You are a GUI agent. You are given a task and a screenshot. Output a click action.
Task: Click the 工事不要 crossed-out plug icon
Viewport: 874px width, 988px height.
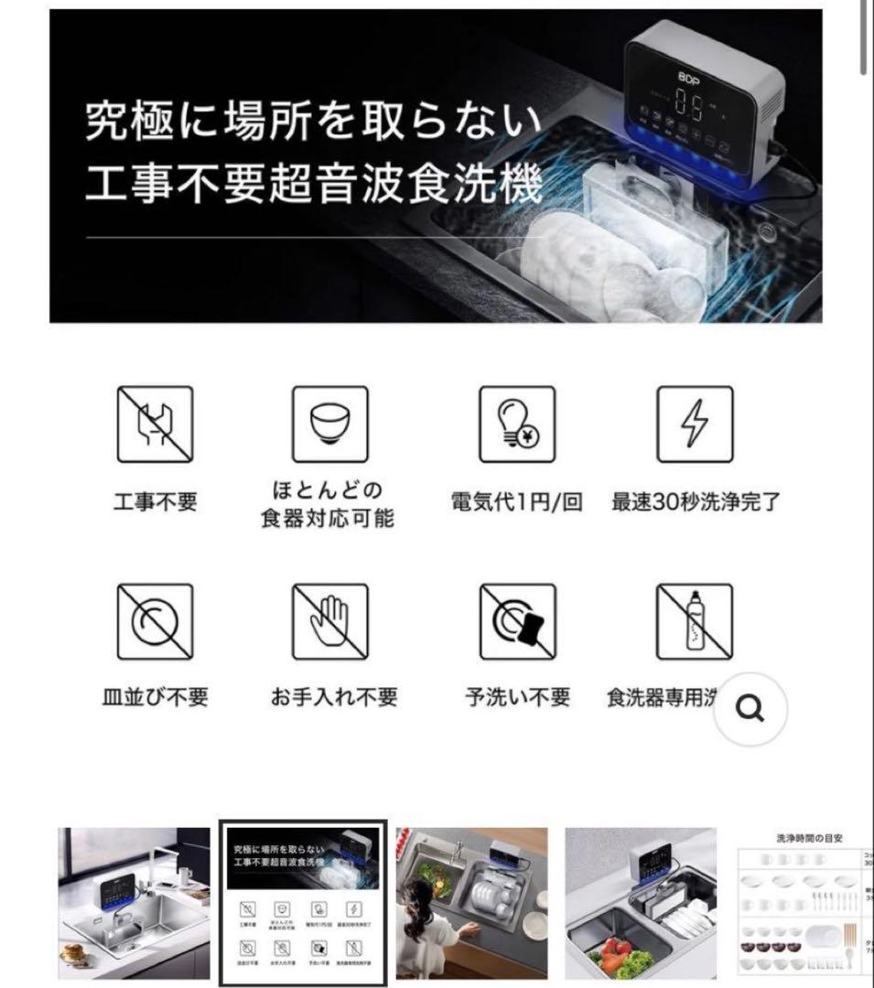(155, 424)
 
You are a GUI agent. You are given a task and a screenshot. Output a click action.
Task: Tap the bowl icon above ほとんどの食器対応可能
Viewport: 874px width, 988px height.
(329, 424)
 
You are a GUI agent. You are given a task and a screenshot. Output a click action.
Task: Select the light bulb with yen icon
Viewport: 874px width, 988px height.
(517, 424)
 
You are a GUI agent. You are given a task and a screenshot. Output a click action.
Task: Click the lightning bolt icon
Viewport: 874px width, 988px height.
(695, 424)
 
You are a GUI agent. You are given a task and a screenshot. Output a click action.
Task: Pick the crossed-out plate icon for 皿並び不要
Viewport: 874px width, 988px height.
(155, 622)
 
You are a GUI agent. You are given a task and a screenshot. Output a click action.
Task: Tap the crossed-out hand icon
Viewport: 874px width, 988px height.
(329, 622)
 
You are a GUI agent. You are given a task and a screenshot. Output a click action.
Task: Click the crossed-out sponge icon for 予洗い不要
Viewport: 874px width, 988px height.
(517, 622)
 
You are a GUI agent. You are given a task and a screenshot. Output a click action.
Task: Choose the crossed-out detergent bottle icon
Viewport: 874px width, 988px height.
(695, 622)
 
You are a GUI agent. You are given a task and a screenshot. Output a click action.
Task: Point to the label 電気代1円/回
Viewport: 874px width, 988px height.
(517, 502)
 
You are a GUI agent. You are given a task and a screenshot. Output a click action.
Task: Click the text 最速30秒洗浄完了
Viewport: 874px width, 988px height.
(696, 502)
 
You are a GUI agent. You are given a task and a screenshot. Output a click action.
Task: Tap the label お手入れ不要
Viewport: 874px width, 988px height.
(334, 697)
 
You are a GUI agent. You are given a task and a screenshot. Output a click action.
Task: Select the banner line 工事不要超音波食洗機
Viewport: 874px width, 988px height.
(313, 183)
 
